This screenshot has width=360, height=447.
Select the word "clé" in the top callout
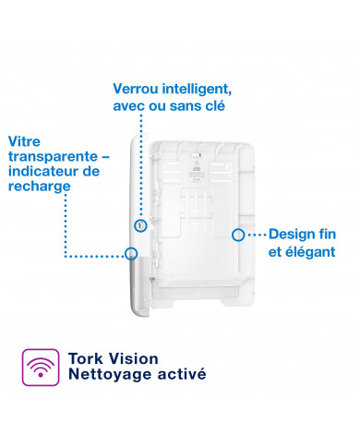213,107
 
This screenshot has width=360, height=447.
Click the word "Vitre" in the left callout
25,141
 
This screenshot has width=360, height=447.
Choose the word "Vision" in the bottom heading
135,358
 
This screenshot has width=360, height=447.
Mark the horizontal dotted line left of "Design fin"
252,235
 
